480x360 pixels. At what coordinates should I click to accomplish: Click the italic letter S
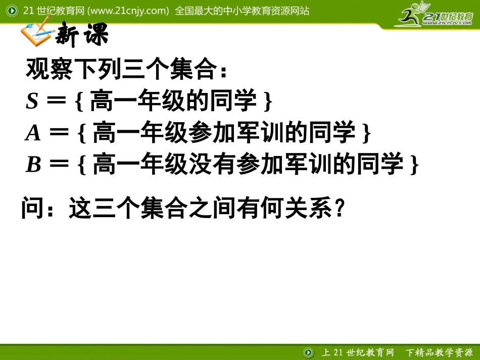tap(32, 102)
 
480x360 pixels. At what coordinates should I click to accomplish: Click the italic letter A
tap(33, 133)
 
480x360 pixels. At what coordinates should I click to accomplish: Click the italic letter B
tap(33, 165)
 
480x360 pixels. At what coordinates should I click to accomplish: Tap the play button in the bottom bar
tap(308, 352)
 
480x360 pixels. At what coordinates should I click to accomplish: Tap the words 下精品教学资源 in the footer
tap(438, 352)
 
